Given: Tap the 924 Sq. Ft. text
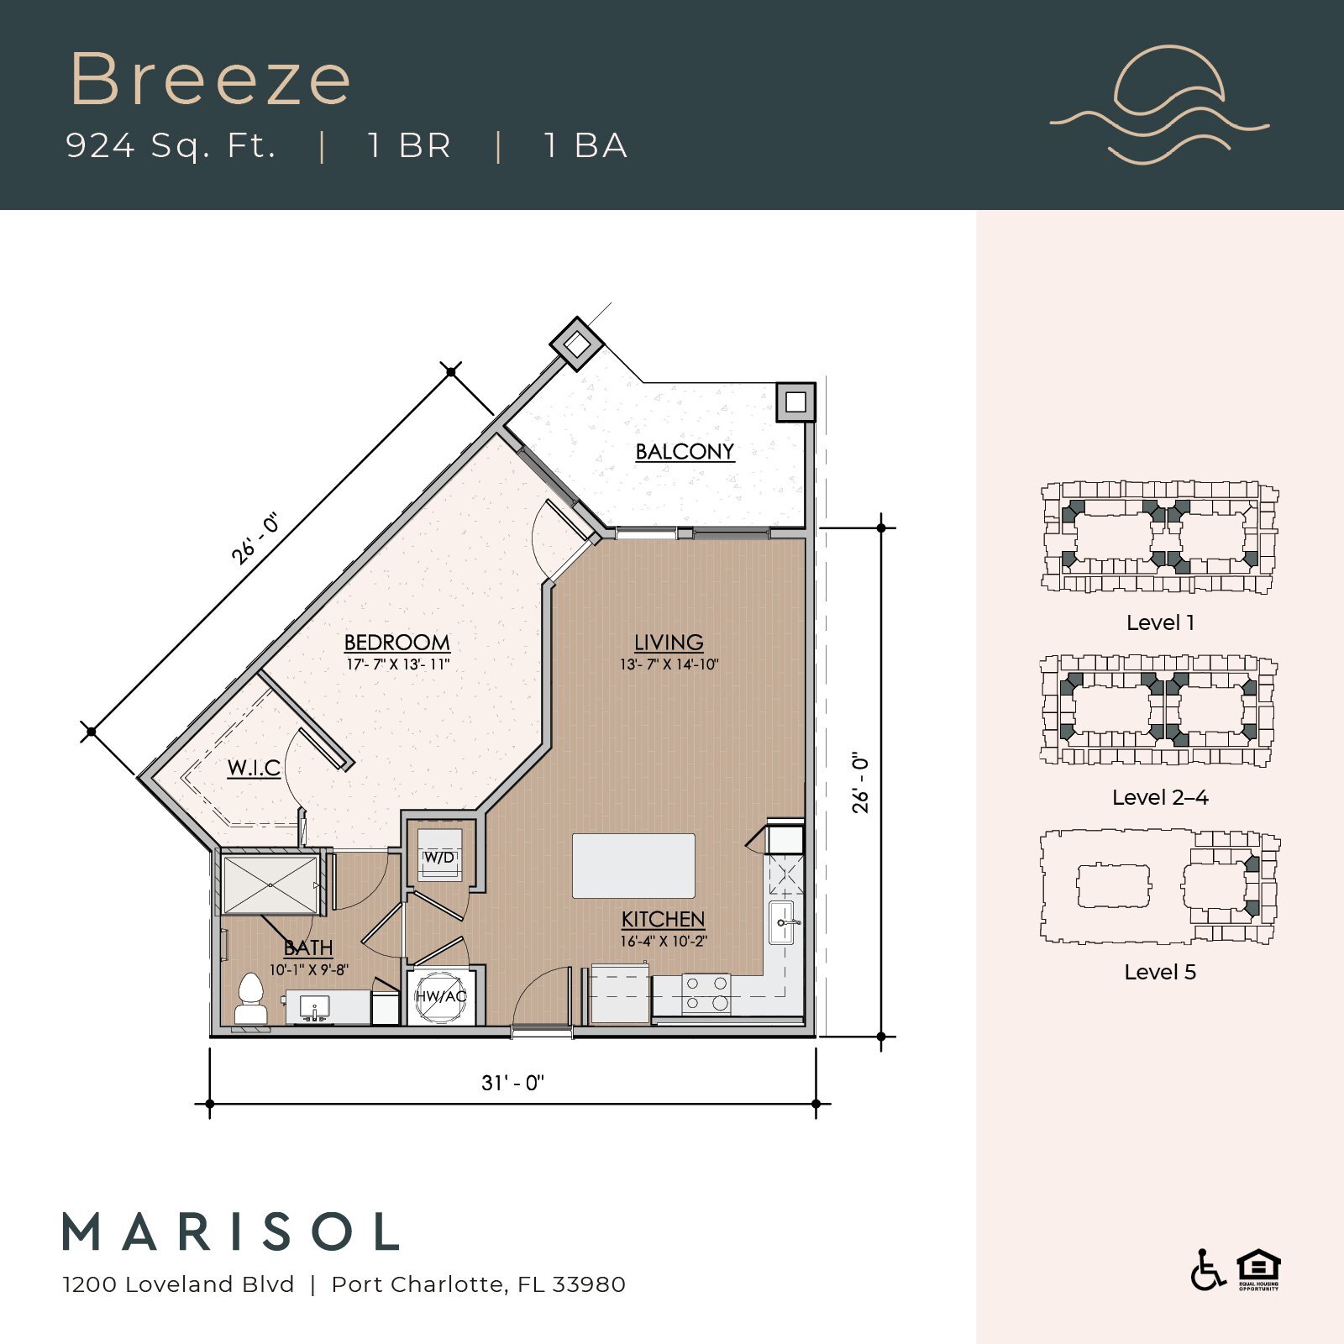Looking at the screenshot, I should click(x=171, y=145).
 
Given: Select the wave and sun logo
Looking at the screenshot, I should click(x=1160, y=105).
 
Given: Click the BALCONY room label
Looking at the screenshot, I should click(x=685, y=452).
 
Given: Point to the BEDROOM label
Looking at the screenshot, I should click(x=396, y=643).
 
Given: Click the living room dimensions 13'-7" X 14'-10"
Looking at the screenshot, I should click(x=669, y=664).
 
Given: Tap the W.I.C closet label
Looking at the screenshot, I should click(x=254, y=768).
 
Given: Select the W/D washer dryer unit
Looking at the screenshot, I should click(x=440, y=856).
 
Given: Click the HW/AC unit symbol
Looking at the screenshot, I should click(x=441, y=996).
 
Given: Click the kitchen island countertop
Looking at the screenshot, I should click(x=633, y=866).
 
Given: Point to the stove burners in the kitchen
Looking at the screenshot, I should click(x=706, y=993).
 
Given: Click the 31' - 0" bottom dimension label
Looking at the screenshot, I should click(x=512, y=1083).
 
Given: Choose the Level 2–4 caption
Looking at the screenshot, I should click(x=1159, y=797).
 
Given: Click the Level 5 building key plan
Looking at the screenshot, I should click(x=1159, y=887).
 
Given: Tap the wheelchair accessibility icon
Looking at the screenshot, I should click(x=1207, y=1270).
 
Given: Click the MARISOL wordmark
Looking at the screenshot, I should click(x=231, y=1232).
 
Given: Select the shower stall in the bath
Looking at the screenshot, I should click(x=270, y=884).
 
